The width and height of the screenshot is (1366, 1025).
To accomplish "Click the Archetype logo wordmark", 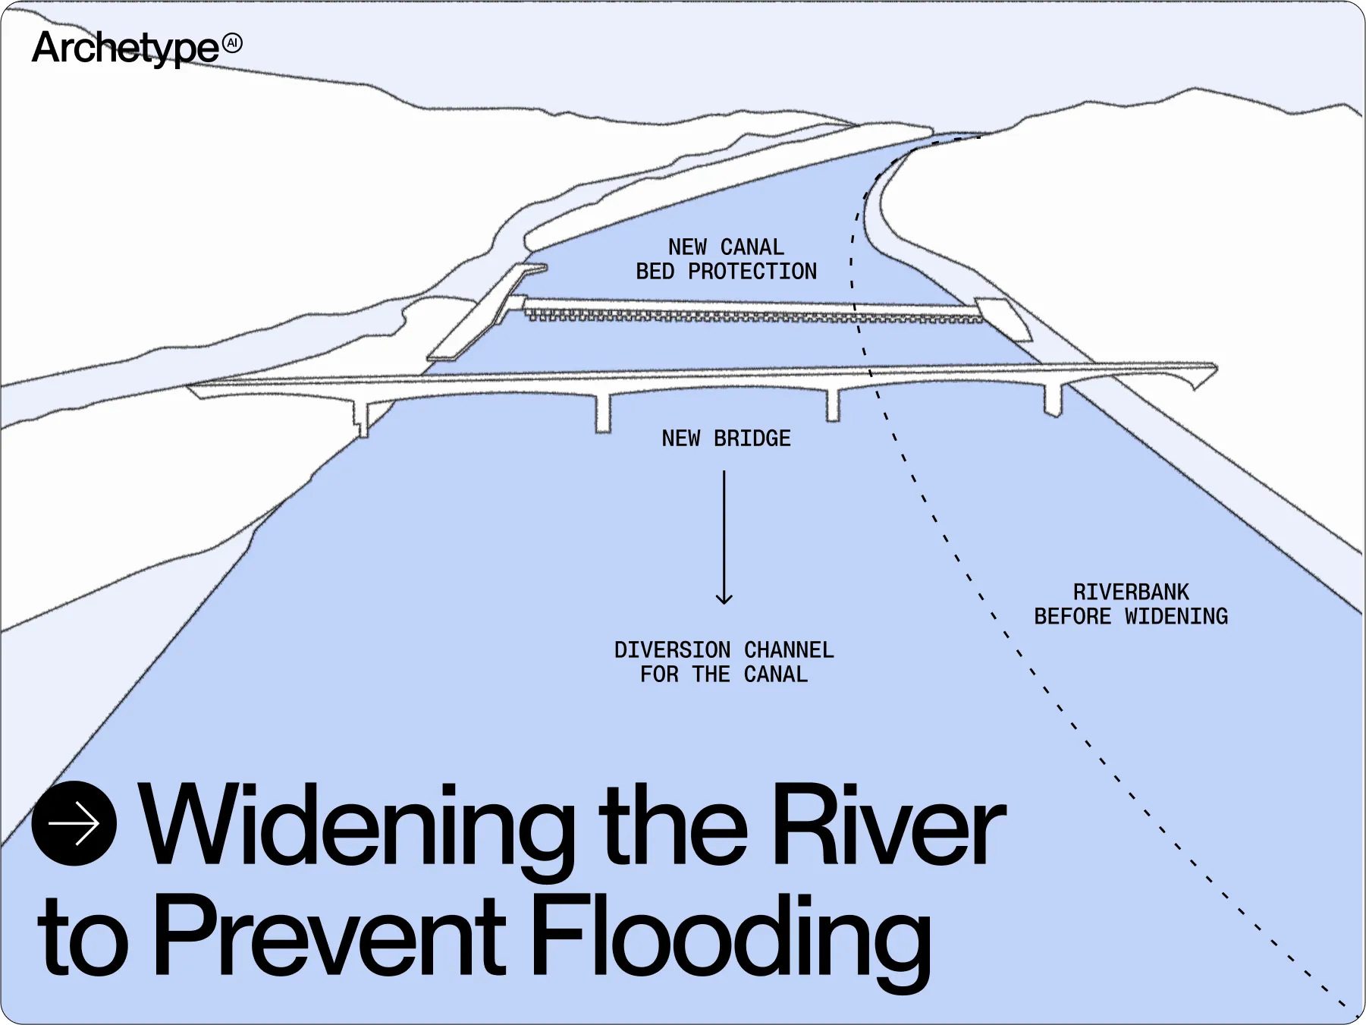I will (125, 48).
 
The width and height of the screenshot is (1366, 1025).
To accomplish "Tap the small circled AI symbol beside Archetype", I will (233, 43).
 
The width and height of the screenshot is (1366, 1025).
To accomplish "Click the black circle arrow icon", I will (74, 823).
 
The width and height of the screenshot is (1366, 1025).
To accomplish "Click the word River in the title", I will (887, 825).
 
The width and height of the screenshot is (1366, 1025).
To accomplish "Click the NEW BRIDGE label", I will (726, 439).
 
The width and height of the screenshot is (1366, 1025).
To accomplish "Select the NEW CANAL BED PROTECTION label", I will (726, 259).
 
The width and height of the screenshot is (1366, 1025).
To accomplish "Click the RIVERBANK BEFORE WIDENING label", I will (1130, 605).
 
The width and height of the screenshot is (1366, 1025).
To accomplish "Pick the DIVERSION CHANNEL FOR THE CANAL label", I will (724, 662).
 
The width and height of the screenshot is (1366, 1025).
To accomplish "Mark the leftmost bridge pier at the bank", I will (362, 418).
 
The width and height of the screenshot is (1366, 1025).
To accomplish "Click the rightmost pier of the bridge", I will (1053, 400).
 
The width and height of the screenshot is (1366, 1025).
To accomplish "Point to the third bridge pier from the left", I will (833, 405).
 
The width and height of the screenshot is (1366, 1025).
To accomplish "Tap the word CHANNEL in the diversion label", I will (789, 650).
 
